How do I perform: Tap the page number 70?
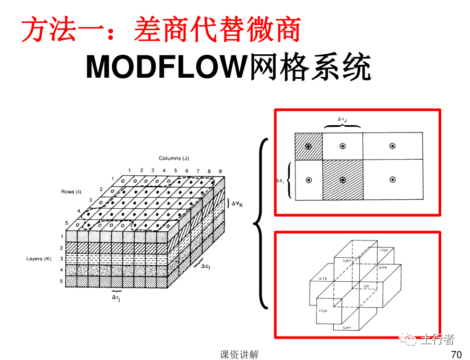[x=456, y=355]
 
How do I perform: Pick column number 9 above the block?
[x=220, y=171]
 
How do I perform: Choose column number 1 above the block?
[x=129, y=171]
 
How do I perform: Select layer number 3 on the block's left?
[x=61, y=259]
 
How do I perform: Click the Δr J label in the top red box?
[x=342, y=119]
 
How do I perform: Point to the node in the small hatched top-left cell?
[x=309, y=147]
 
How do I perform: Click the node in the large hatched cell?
[x=343, y=180]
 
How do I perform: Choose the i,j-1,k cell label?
[x=322, y=279]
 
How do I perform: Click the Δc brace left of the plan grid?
[x=289, y=181]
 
